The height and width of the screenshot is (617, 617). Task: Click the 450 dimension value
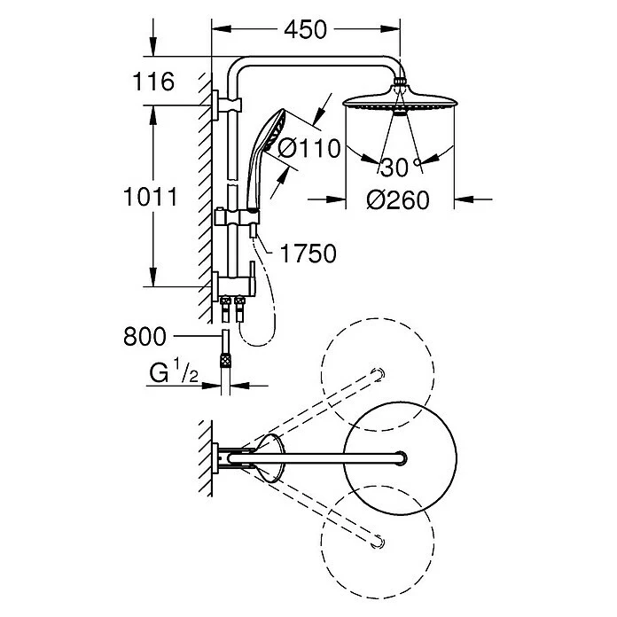305,29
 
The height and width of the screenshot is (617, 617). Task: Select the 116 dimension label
153,82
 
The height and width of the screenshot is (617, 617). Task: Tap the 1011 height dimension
151,197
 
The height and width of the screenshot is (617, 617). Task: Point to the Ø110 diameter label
309,148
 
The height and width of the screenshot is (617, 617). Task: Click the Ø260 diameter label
398,199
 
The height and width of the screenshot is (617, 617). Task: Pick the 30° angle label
401,167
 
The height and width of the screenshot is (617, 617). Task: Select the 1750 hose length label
308,254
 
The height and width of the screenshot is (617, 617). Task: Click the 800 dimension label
144,337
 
